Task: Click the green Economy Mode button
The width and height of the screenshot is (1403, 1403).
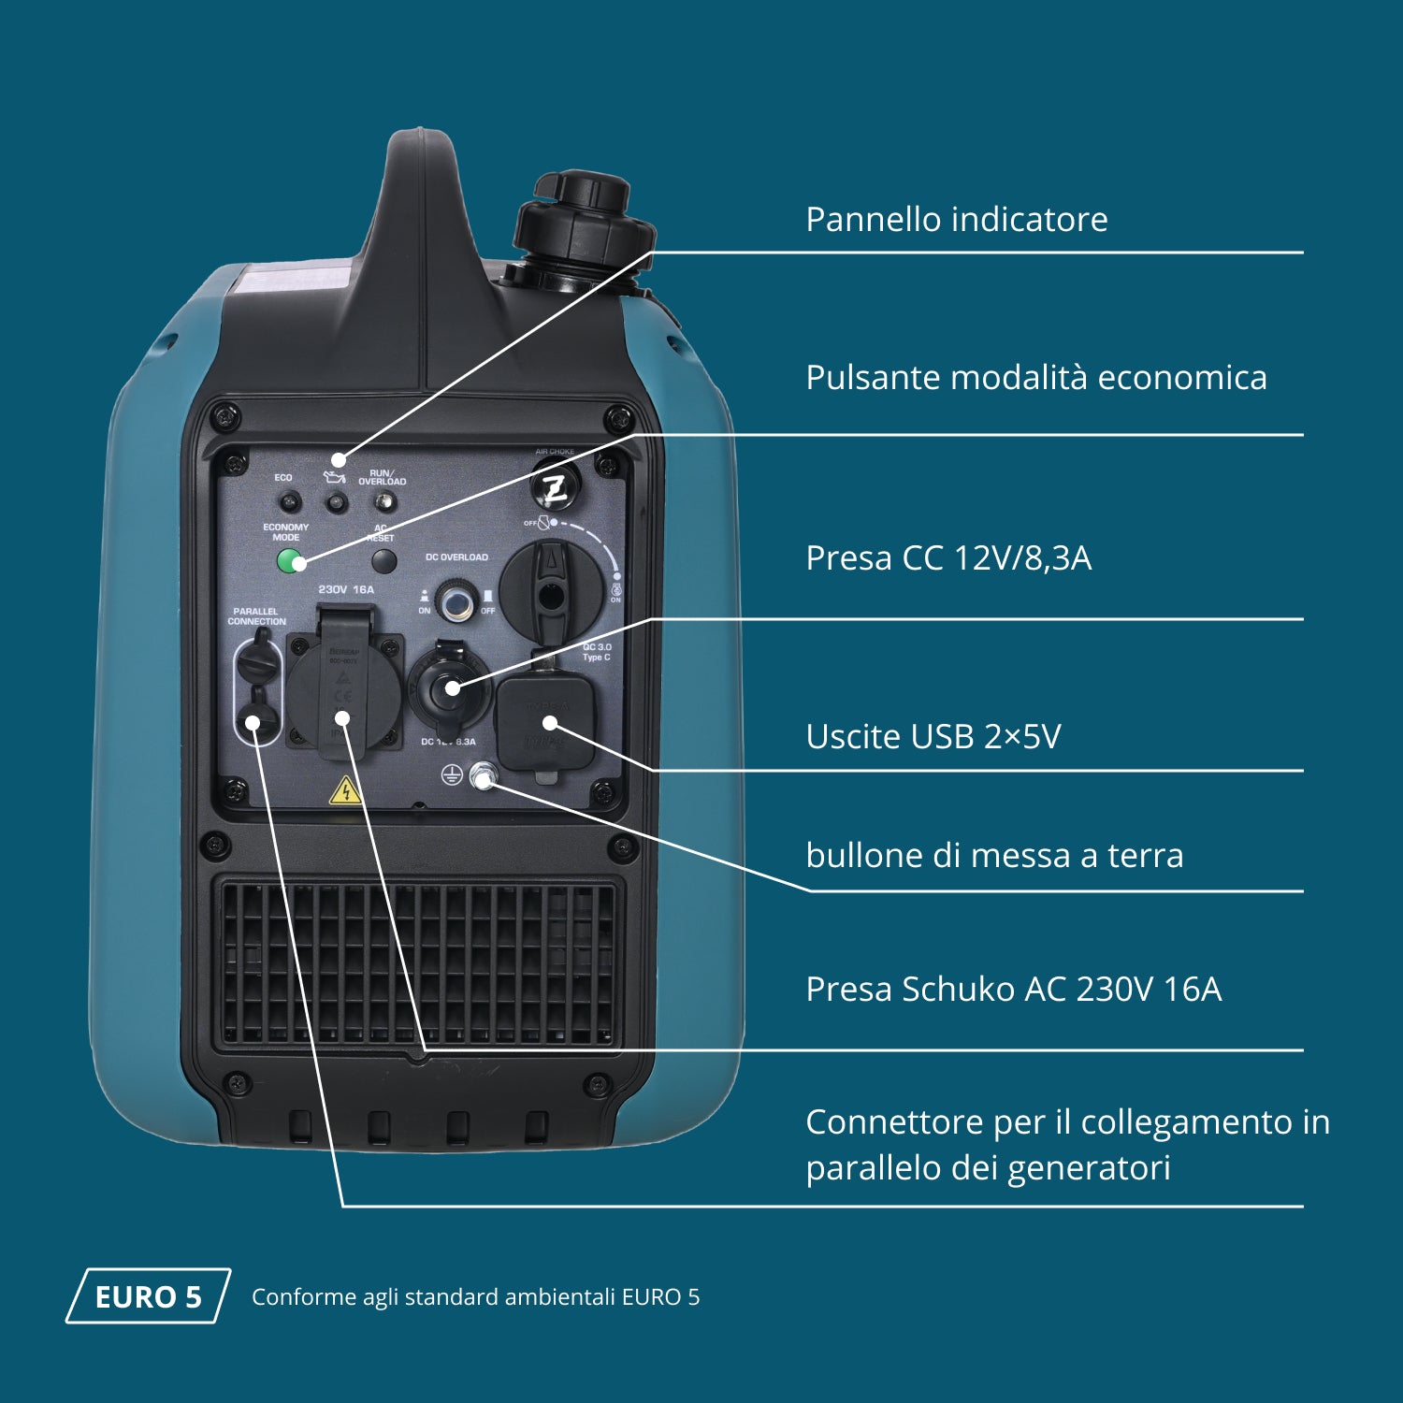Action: click(x=291, y=561)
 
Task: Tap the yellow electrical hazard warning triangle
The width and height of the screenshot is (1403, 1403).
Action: click(x=345, y=791)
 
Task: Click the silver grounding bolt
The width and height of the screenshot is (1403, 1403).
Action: click(x=483, y=775)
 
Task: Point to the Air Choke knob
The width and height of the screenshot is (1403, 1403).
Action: click(x=556, y=486)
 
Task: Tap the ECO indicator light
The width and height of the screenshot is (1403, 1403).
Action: click(x=289, y=502)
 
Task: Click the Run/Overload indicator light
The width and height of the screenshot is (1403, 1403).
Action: click(x=383, y=503)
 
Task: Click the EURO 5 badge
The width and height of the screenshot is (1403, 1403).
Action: click(x=148, y=1296)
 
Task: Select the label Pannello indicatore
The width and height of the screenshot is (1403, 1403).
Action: click(x=956, y=220)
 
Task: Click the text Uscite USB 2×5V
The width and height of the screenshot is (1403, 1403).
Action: click(x=933, y=737)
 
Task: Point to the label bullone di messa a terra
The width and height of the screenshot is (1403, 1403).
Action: click(x=994, y=855)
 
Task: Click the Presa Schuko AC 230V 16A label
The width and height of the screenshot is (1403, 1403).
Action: click(x=1013, y=989)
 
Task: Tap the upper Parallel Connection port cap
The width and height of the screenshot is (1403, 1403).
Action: click(x=256, y=661)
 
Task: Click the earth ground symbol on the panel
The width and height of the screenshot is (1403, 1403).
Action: click(x=452, y=774)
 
